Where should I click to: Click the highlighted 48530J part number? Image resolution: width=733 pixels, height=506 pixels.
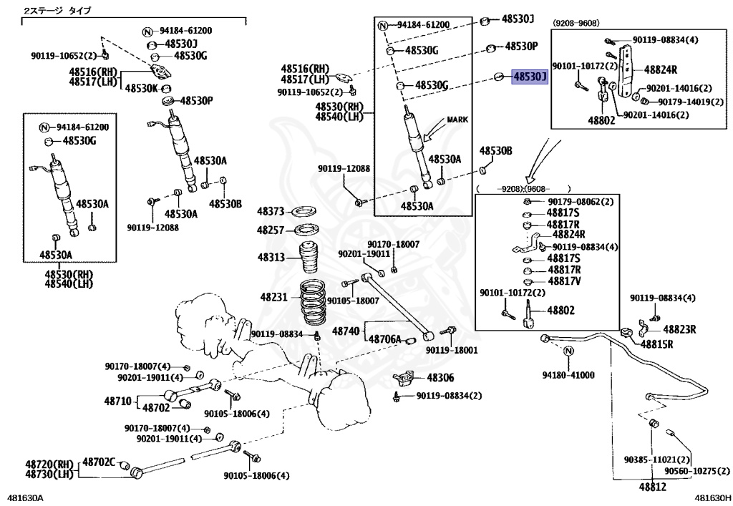[529, 77]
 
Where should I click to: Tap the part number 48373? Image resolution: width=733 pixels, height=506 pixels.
[271, 212]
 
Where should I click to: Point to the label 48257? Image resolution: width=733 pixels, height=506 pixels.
[271, 230]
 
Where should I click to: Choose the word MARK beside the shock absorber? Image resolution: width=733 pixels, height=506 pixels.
[457, 120]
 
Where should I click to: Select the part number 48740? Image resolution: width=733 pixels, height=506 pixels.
[345, 331]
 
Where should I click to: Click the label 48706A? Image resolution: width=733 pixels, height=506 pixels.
[386, 339]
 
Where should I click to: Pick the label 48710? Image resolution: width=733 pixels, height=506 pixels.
[118, 401]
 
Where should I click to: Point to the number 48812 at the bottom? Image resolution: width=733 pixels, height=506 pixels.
[652, 487]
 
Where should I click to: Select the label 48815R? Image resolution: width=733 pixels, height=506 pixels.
[658, 344]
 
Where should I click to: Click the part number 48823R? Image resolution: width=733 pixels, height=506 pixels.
[679, 329]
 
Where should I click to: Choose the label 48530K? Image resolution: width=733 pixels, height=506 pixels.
[142, 88]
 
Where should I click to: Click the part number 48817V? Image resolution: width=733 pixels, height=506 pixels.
[565, 281]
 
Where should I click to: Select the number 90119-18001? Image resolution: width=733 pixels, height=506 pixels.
[452, 350]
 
